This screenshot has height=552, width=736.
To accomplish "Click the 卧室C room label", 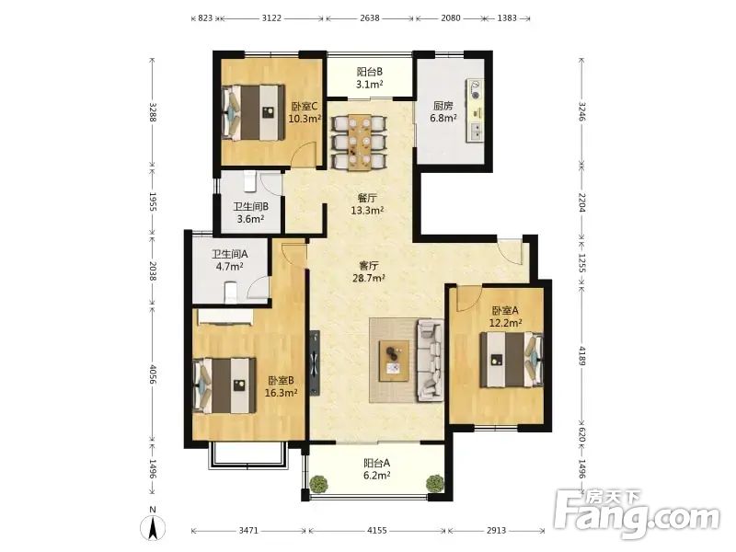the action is [x=305, y=107].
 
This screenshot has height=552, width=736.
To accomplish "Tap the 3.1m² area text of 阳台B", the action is [x=370, y=85].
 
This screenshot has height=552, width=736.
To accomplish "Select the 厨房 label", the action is [x=443, y=106].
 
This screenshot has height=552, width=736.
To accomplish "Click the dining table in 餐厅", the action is [x=360, y=142].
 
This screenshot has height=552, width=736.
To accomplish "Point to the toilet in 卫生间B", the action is [x=248, y=181].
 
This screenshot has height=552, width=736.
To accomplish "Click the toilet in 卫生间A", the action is [x=231, y=292].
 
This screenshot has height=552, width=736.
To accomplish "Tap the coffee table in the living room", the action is [x=395, y=361].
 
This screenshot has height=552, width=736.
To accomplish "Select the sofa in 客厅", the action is [x=430, y=361].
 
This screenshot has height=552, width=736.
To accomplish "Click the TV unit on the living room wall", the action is [x=315, y=363].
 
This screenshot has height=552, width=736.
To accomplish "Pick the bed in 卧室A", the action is [x=512, y=360].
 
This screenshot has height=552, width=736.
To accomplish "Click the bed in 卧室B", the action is [x=224, y=385].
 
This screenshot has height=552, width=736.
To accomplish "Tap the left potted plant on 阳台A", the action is [x=319, y=484].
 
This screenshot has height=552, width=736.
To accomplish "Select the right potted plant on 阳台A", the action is [x=434, y=483].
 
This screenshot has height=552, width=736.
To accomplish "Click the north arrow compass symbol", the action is [x=153, y=526].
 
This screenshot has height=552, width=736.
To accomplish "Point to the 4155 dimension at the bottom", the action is [x=377, y=531].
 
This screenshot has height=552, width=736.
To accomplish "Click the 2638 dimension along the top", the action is [x=370, y=18].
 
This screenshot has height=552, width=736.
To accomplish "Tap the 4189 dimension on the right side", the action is [x=582, y=356].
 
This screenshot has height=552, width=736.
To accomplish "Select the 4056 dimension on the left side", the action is [x=152, y=374].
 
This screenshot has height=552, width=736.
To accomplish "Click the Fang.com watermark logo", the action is [x=637, y=515].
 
